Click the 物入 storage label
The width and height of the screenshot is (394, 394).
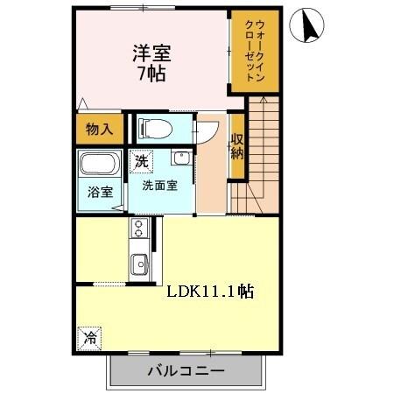(x=98, y=130)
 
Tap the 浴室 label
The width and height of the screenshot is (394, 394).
(x=98, y=193)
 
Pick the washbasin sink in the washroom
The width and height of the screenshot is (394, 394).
(x=180, y=158)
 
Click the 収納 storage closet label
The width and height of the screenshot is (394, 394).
(x=236, y=146)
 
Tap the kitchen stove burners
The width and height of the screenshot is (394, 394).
(x=137, y=230)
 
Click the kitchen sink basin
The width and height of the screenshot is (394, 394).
(x=137, y=263)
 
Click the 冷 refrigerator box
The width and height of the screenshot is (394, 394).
(x=89, y=335)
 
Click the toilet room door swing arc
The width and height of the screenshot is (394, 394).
(x=204, y=130)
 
